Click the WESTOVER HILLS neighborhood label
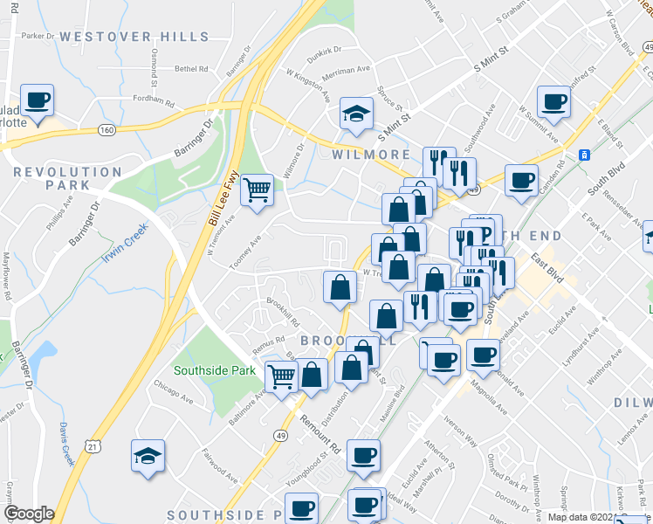click(135, 37)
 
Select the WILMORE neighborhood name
click(372, 155)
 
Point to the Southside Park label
click(215, 370)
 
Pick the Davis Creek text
click(66, 445)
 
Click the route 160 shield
click(107, 130)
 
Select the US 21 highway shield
click(93, 446)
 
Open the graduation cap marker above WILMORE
click(356, 114)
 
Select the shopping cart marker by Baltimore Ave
click(281, 377)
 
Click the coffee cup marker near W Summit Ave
click(553, 102)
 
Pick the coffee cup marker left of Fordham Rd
click(37, 100)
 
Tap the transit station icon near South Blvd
click(584, 155)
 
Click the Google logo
click(29, 514)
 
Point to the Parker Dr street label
click(38, 37)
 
